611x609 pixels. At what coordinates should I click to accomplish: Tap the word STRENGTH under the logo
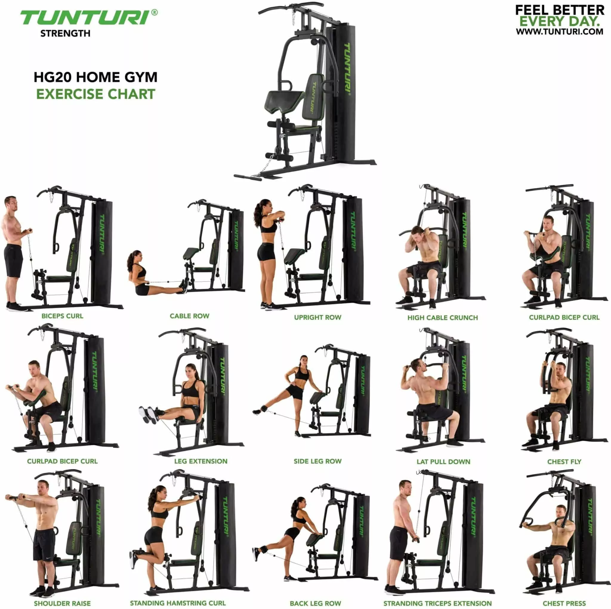(65, 33)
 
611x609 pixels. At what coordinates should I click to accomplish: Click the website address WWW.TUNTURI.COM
(559, 31)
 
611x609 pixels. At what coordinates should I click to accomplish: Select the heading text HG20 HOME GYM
(95, 77)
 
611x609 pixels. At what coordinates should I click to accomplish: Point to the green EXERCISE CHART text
(95, 94)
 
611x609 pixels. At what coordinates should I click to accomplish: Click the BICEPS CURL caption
(62, 316)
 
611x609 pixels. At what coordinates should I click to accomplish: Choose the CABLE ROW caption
(189, 316)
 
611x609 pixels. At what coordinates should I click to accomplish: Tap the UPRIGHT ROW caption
(317, 317)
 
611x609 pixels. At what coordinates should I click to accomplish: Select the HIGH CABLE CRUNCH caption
(442, 318)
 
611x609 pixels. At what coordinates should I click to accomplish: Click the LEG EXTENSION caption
(201, 461)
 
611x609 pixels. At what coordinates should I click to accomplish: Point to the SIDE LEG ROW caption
(317, 461)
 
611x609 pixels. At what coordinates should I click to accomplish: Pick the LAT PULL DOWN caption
(443, 461)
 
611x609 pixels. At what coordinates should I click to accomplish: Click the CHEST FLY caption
(564, 461)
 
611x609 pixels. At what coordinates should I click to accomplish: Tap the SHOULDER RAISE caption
(62, 603)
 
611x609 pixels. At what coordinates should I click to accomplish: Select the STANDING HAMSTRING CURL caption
(178, 603)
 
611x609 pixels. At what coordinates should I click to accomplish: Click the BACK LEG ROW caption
(315, 603)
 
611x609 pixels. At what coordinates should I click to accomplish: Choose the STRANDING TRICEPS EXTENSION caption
(437, 603)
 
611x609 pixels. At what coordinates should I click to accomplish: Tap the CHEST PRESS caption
(564, 603)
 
